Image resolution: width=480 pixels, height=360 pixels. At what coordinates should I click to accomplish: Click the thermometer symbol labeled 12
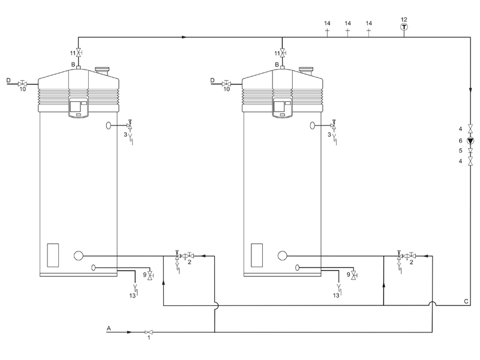tap(404, 27)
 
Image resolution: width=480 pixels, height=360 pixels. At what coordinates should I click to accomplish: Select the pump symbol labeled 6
tap(470, 141)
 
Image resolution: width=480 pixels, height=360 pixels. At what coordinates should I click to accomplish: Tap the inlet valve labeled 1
tap(149, 332)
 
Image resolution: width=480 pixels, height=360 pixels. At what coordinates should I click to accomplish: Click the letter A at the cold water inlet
tap(109, 328)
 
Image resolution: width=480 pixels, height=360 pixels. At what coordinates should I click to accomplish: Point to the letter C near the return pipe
tap(466, 301)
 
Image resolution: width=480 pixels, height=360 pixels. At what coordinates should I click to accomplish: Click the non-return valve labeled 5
tap(470, 151)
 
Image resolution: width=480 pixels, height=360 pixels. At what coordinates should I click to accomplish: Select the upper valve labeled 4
tap(470, 128)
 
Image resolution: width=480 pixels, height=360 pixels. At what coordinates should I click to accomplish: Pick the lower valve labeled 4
tap(470, 161)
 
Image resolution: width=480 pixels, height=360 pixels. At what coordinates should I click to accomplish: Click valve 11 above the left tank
tap(79, 53)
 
